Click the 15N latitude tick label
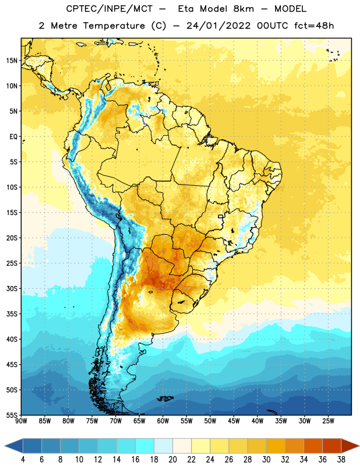pos(12,61)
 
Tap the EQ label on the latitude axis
pos(13,137)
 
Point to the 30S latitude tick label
pos(12,288)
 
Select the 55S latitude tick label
pos(12,415)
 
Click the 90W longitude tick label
pos(21,421)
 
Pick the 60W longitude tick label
pos(163,421)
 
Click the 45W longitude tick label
pos(234,421)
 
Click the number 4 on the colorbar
pos(23,460)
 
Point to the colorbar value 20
pos(172,460)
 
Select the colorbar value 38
pos(341,460)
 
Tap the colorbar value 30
pos(266,460)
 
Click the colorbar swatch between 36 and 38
pos(332,446)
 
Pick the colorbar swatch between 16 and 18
pos(144,446)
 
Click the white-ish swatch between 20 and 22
pos(182,446)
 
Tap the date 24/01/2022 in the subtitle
pos(218,26)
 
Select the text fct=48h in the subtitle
pos(314,26)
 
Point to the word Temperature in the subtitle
pos(114,26)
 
